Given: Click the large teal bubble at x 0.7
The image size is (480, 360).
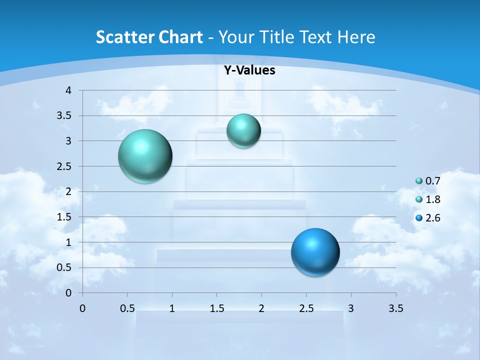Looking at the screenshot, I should pos(145,156).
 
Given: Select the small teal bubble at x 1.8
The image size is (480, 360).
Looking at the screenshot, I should pos(243,131).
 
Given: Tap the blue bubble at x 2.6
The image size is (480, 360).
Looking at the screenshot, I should pos(315,252).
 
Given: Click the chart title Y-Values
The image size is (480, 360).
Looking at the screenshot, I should pos(249,70).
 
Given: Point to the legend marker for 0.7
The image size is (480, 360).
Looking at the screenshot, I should pos(419,181).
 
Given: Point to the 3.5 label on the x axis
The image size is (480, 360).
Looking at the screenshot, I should pos(395,308).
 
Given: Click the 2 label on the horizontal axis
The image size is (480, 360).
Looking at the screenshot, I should pos(261,308).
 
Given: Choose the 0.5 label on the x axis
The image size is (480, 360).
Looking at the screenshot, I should pos(127,308).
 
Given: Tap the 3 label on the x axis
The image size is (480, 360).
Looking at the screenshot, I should pos(350,308).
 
